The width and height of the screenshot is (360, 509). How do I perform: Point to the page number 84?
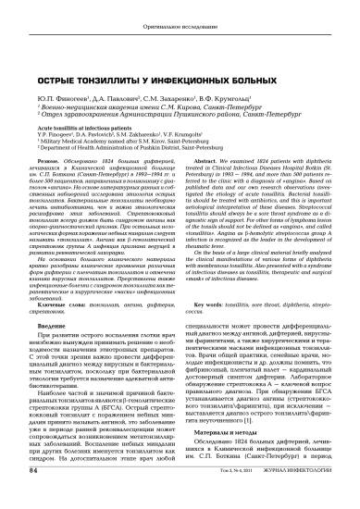pyautogui.click(x=34, y=497)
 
